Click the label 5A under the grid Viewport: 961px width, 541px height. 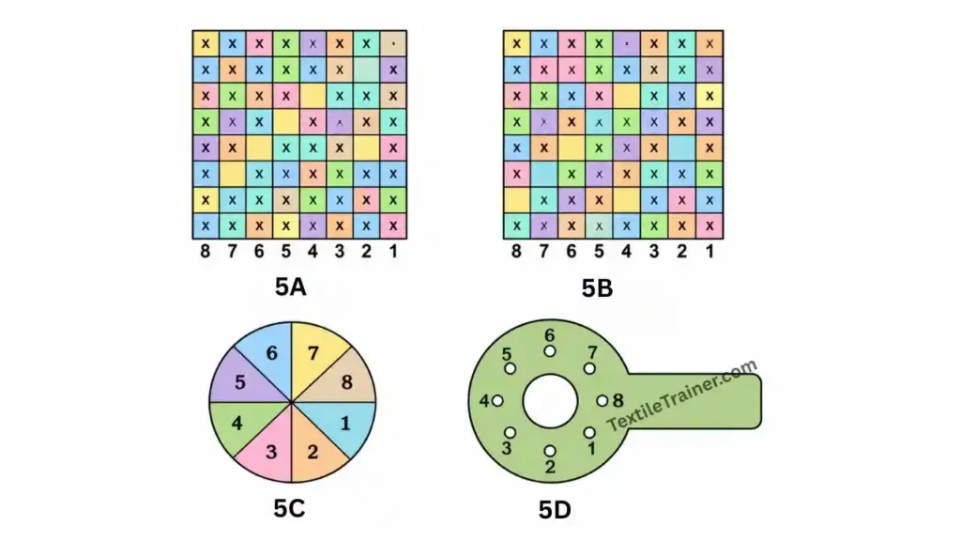click(291, 286)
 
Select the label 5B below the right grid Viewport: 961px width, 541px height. click(598, 288)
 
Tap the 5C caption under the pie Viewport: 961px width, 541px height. click(289, 508)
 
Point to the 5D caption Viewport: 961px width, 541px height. click(555, 510)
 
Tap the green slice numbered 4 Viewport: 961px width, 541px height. click(239, 424)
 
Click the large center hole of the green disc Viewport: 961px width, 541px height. click(550, 402)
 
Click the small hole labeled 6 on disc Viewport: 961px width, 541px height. click(550, 351)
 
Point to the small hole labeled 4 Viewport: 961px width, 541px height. click(497, 401)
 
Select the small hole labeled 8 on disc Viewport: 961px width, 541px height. click(603, 401)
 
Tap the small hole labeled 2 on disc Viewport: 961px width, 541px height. click(550, 452)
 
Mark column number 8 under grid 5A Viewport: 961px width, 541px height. click(206, 251)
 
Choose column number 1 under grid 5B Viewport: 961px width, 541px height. click(709, 251)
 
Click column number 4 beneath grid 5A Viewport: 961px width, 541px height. click(313, 251)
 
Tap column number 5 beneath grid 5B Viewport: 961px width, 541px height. click(599, 251)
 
